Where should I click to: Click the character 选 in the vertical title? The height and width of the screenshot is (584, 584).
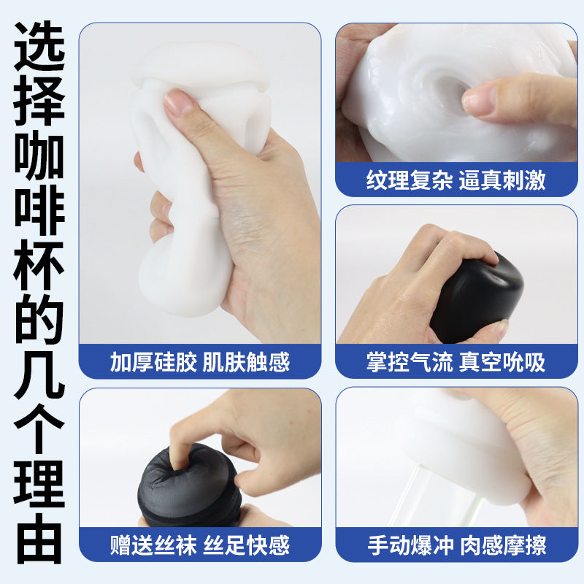click(39, 47)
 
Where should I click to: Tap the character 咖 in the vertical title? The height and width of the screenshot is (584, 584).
click(39, 155)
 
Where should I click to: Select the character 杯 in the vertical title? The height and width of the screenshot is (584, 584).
click(39, 265)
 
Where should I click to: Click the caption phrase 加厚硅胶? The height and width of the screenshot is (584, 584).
click(153, 361)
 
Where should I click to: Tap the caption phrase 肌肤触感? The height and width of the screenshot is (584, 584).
click(246, 361)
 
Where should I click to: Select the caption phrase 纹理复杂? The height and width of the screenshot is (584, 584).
click(410, 180)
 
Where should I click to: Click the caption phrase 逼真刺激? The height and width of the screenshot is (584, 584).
click(502, 180)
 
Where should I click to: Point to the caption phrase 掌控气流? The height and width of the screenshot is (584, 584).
click(410, 361)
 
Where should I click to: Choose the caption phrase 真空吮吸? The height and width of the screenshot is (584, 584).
click(502, 361)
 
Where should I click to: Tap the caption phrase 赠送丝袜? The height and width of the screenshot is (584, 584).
click(153, 545)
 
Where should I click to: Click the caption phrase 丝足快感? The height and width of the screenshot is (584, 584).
click(246, 545)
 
